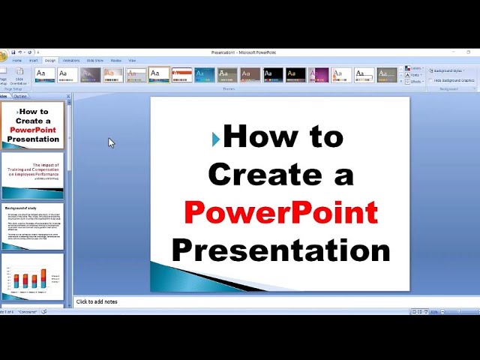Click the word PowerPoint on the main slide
click(281, 212)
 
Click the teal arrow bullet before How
click(216, 138)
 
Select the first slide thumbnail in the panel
click(32, 125)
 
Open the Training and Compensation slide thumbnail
click(32, 175)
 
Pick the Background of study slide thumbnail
click(32, 226)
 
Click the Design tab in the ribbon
click(50, 60)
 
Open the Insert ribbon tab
click(33, 60)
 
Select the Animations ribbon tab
click(71, 60)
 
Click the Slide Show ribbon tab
click(94, 60)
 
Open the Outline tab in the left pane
click(20, 96)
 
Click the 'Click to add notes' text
click(97, 301)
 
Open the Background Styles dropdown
click(448, 70)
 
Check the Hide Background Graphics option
click(454, 80)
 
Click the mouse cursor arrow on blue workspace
click(111, 142)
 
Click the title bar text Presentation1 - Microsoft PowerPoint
click(244, 52)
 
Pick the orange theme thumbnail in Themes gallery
click(182, 74)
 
